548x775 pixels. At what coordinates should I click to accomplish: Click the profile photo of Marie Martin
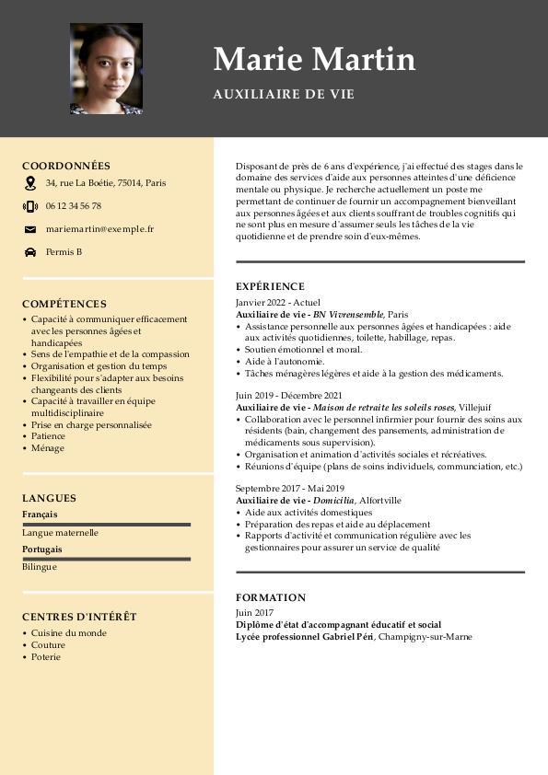(106, 69)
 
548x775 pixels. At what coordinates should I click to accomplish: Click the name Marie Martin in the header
(314, 59)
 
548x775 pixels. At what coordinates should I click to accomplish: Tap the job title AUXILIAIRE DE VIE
(284, 94)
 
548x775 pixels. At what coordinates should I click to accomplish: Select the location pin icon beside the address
(30, 183)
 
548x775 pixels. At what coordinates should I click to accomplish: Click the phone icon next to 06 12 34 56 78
(30, 206)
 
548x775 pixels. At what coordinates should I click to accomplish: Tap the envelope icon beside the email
(30, 229)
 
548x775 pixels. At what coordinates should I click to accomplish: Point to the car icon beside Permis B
(30, 252)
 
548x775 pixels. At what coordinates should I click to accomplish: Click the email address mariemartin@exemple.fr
(99, 229)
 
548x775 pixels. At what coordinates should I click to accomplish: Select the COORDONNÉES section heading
(66, 166)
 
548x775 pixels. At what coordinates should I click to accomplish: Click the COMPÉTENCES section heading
(64, 304)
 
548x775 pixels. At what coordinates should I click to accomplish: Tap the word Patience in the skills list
(49, 436)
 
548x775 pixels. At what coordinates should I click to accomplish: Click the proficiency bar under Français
(106, 524)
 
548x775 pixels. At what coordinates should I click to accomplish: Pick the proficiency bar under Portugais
(106, 559)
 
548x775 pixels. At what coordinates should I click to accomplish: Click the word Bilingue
(40, 567)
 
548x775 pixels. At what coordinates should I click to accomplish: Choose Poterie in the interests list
(46, 657)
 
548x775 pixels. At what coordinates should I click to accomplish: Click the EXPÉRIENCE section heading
(270, 286)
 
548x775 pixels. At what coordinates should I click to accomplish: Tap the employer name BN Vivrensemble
(348, 315)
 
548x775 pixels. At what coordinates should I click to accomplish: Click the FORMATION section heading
(271, 597)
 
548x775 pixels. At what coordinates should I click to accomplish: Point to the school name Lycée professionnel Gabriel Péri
(304, 636)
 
